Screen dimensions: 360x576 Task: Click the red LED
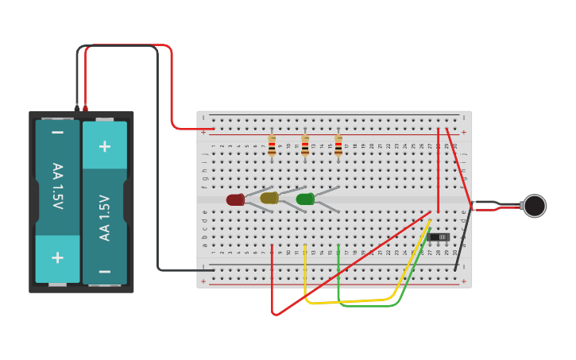coord(235,199)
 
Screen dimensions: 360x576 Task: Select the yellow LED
coord(269,198)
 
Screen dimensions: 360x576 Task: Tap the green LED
coord(305,199)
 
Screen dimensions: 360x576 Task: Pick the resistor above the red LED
coord(272,145)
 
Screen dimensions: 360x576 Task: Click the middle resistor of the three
coord(305,145)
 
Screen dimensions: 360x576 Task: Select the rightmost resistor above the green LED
coord(338,145)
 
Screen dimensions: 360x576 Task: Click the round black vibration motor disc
coord(535,206)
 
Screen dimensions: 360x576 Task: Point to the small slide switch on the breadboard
coord(439,237)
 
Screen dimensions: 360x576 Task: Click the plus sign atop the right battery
coord(104,146)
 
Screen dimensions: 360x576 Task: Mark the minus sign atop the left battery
coord(57,132)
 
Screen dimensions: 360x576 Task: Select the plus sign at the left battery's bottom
coord(57,257)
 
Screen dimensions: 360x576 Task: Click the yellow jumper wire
coord(350,301)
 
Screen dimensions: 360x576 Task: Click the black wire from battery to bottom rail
coord(157,159)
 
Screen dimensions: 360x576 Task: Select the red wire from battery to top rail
coord(171,87)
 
